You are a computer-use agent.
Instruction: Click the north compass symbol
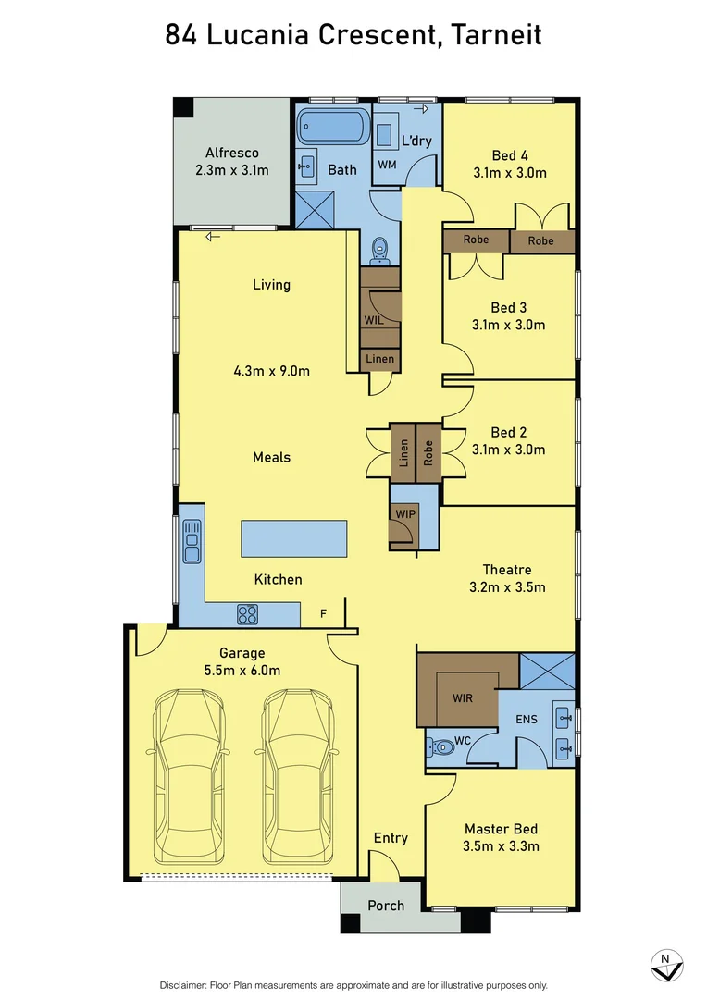(666, 965)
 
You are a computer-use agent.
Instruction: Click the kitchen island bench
(294, 537)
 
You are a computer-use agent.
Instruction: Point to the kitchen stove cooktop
(247, 613)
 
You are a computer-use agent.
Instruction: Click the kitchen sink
(192, 541)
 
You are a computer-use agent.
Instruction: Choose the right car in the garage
(296, 777)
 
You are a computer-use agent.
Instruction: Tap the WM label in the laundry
(387, 164)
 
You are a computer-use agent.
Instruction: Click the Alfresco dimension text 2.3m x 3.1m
(231, 170)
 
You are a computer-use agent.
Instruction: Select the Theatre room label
(506, 570)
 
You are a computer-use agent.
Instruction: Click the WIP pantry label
(405, 513)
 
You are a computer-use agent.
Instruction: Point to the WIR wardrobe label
(462, 697)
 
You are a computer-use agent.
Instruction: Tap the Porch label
(386, 905)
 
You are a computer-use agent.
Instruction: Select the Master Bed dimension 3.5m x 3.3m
(501, 845)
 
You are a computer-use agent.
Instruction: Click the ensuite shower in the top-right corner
(547, 672)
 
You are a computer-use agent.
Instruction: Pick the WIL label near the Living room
(373, 320)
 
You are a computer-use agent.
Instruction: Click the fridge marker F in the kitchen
(323, 612)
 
